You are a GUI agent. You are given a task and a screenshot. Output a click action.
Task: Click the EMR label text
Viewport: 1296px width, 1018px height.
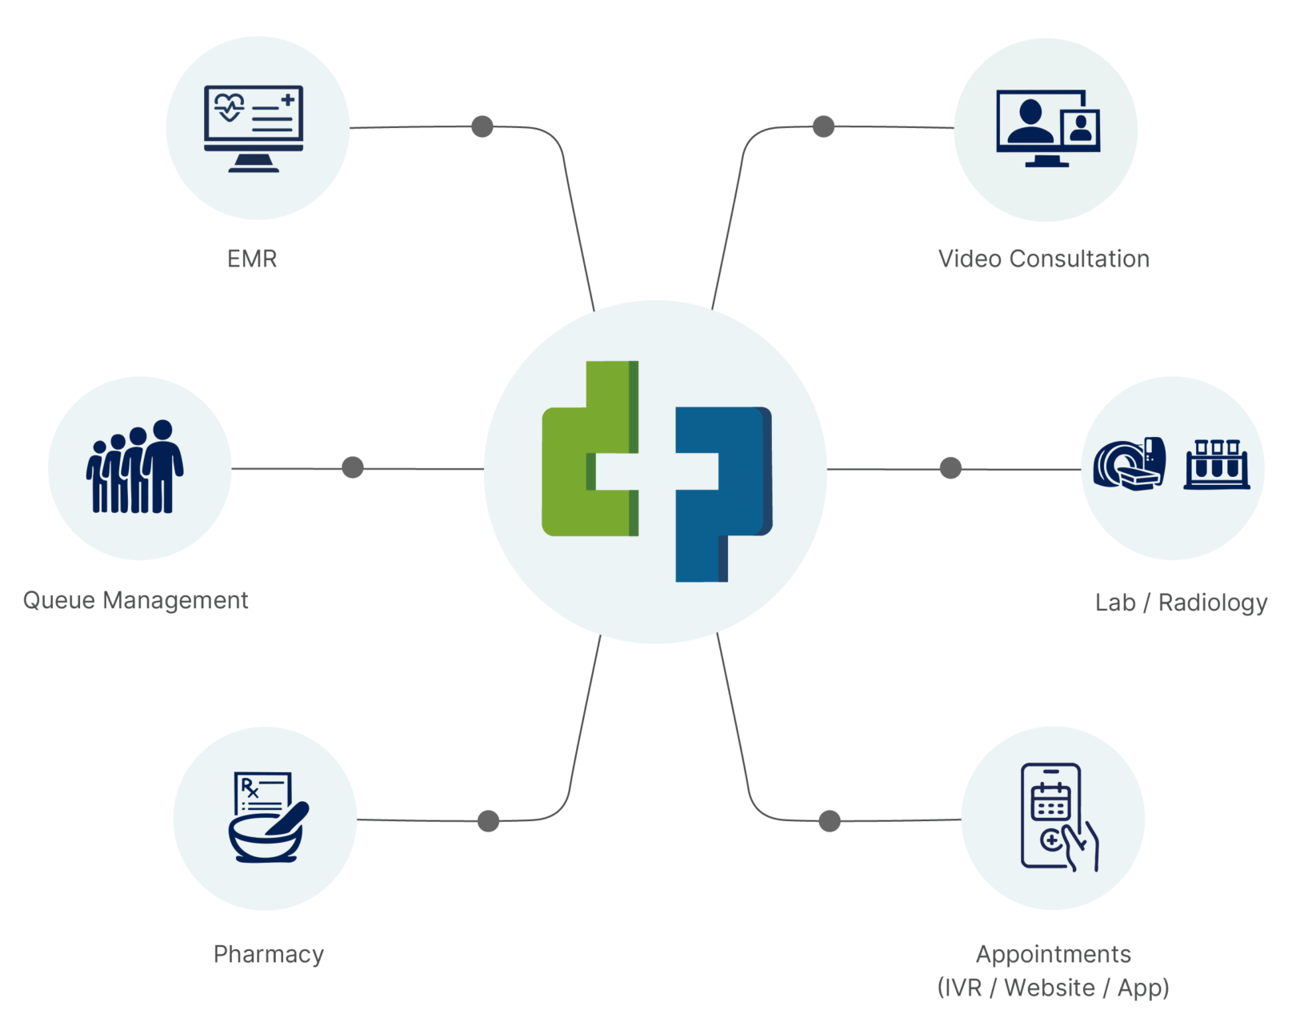coord(252,259)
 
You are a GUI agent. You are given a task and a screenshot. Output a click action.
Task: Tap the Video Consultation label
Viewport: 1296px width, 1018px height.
coord(1044,259)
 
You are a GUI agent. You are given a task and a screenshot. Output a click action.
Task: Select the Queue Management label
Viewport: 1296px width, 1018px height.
coord(135,600)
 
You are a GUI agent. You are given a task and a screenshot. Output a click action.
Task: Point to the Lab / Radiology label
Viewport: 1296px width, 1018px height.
coord(1181,603)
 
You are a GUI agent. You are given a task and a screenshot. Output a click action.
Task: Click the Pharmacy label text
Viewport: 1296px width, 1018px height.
coord(268,955)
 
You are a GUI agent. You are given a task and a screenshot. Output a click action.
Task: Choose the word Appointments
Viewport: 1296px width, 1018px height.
coord(1054,954)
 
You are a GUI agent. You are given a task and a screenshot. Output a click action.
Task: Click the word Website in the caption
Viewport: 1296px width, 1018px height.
coord(1050,988)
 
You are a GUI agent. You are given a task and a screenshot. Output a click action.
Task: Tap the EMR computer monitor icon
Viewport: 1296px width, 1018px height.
coord(254,129)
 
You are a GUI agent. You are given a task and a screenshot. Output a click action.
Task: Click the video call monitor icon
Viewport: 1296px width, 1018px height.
coord(1048,128)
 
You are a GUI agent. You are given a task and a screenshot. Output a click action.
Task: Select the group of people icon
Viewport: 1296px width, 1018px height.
coord(134,467)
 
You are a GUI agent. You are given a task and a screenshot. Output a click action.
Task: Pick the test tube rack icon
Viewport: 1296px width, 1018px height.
coord(1217,464)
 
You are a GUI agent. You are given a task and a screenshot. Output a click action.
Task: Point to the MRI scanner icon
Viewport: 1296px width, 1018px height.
coord(1129,464)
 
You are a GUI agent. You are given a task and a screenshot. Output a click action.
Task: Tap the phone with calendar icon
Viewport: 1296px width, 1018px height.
coord(1059,817)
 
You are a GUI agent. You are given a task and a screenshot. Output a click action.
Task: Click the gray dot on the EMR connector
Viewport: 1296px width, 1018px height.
coord(482,126)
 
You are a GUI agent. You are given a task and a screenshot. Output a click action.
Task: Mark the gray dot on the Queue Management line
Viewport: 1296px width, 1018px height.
coord(353,467)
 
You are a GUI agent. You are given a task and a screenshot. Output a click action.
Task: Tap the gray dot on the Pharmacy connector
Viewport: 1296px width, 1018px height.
coord(489,821)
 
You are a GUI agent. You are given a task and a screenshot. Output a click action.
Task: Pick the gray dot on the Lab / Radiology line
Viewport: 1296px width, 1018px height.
coord(950,468)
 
